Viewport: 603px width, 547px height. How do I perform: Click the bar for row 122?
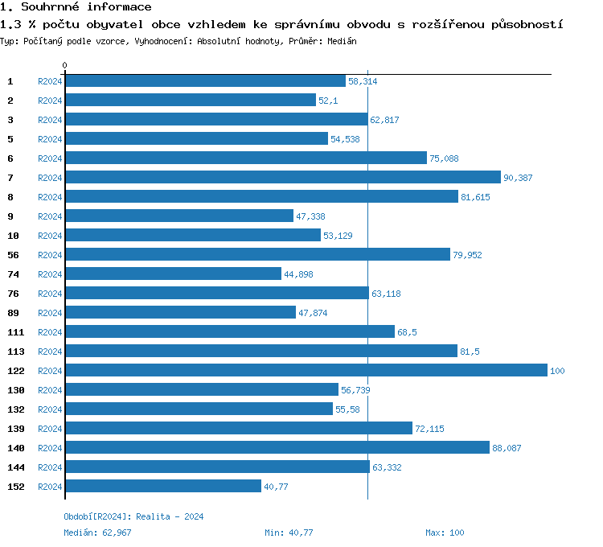[306, 370]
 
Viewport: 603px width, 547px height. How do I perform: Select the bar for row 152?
[163, 486]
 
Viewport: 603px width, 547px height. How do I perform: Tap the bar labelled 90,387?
[282, 177]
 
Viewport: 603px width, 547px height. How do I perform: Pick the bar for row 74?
[173, 273]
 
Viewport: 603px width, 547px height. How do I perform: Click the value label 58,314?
[363, 81]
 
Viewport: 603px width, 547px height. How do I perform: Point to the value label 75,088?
[444, 158]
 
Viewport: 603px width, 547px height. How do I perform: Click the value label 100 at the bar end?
[557, 371]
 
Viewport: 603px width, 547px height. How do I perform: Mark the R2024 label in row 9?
[50, 216]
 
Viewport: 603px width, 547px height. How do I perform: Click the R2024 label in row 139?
[50, 429]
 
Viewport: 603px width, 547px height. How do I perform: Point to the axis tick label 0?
[65, 65]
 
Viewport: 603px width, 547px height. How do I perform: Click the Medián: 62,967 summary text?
[97, 533]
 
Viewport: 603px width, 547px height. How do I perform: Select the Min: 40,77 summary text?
[289, 533]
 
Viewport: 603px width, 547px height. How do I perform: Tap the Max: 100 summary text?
[445, 533]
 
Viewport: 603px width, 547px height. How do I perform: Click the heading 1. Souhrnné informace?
[76, 7]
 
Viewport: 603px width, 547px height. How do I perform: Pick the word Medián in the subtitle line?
[342, 40]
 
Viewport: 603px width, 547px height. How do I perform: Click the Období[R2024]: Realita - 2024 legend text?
[133, 516]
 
